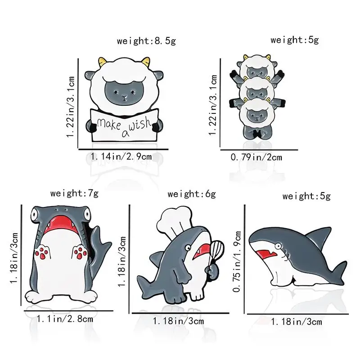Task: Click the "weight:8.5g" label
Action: [x=146, y=41]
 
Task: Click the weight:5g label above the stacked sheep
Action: [x=294, y=40]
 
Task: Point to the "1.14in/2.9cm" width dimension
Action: [x=121, y=157]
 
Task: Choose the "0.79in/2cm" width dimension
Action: [x=256, y=157]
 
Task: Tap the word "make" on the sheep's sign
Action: [x=109, y=123]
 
